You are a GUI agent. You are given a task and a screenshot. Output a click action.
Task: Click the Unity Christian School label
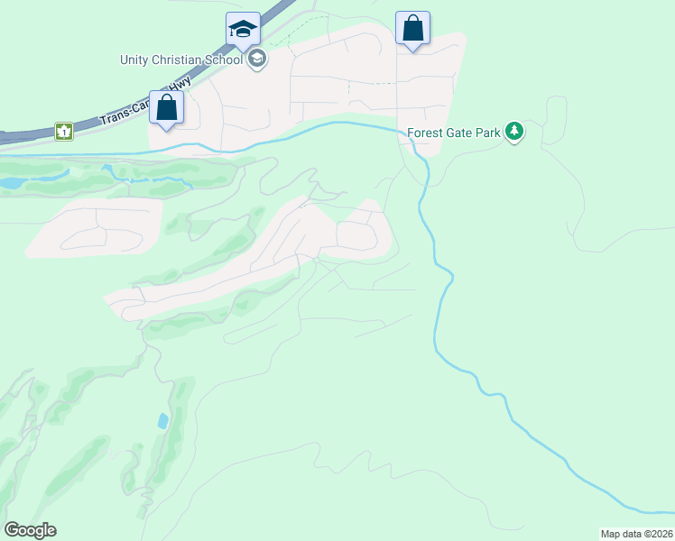pyautogui.click(x=181, y=60)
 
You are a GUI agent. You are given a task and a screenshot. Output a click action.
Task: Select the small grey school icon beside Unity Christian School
pyautogui.click(x=257, y=60)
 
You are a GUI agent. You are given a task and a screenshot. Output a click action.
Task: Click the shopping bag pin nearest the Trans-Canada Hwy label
pyautogui.click(x=167, y=108)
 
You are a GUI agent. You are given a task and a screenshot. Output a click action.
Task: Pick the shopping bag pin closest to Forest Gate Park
pyautogui.click(x=412, y=28)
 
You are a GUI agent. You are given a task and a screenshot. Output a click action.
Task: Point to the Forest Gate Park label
pyautogui.click(x=453, y=133)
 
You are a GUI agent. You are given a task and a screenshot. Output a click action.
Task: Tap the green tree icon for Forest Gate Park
pyautogui.click(x=514, y=133)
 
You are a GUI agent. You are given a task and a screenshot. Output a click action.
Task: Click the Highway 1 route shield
pyautogui.click(x=63, y=132)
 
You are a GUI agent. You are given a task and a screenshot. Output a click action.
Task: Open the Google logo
pyautogui.click(x=30, y=530)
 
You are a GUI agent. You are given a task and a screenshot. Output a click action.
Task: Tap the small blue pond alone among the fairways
pyautogui.click(x=162, y=420)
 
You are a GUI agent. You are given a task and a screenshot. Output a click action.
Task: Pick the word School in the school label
pyautogui.click(x=226, y=60)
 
